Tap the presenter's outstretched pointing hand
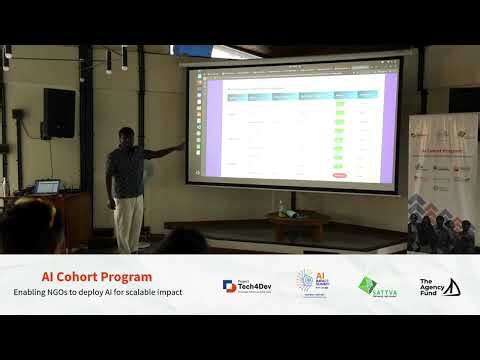click(180, 146)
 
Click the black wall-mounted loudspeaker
click(59, 112)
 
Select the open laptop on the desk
click(46, 186)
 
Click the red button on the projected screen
click(339, 175)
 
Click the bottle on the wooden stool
click(281, 208)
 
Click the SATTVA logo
click(378, 286)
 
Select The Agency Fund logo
click(439, 286)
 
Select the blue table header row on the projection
click(300, 95)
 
